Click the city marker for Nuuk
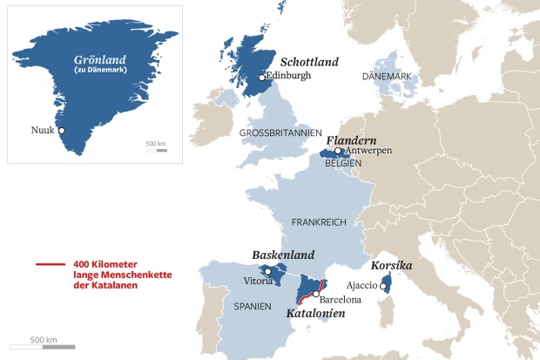(61, 130)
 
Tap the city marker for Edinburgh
(261, 78)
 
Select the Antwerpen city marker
(338, 151)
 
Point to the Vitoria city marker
(268, 271)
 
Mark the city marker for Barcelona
(316, 295)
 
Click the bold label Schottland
(309, 62)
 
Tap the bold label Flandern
(351, 139)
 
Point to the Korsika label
(391, 264)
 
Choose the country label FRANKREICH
(321, 222)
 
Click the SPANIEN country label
(253, 306)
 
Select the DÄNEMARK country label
(387, 77)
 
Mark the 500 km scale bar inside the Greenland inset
(156, 150)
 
